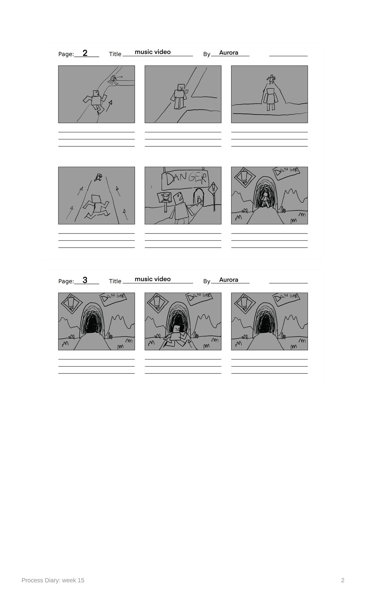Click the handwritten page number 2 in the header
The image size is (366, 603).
(85, 53)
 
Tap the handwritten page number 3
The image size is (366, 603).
(85, 280)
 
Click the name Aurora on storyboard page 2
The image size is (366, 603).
(229, 53)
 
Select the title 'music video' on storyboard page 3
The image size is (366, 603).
(153, 279)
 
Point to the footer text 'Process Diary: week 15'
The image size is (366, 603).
(53, 580)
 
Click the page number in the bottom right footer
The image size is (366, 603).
(343, 580)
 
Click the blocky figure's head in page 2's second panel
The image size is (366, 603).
(181, 88)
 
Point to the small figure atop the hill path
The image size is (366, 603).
(271, 79)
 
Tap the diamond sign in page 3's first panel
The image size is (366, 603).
(72, 303)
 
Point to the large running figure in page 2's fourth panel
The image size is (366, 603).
(96, 206)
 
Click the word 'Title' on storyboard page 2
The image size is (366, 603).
(115, 54)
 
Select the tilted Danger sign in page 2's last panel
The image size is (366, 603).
(286, 172)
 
